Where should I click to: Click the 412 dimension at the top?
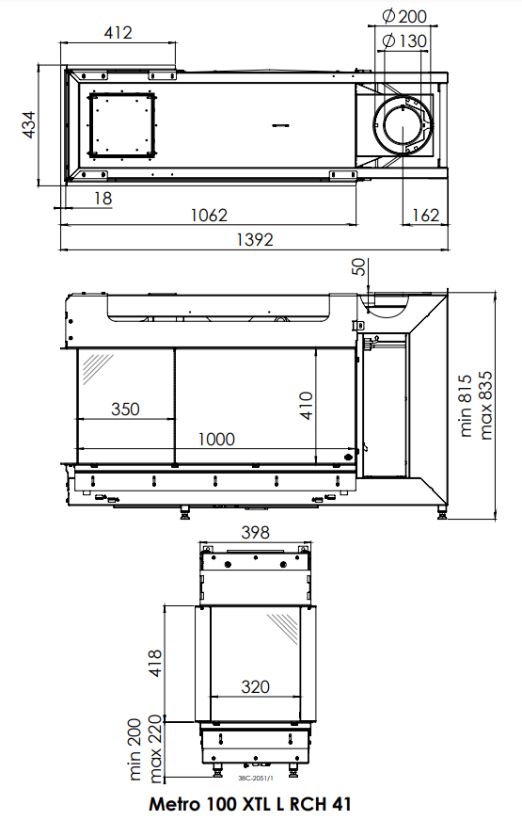click(119, 32)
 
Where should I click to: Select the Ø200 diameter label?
click(404, 16)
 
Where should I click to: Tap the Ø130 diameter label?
click(404, 40)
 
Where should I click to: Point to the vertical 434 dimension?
click(29, 124)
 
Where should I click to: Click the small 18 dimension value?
click(103, 199)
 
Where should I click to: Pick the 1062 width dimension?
click(209, 215)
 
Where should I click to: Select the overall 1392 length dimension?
click(255, 239)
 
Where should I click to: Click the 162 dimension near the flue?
click(425, 215)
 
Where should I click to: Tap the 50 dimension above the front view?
click(359, 266)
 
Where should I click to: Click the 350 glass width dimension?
click(125, 409)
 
